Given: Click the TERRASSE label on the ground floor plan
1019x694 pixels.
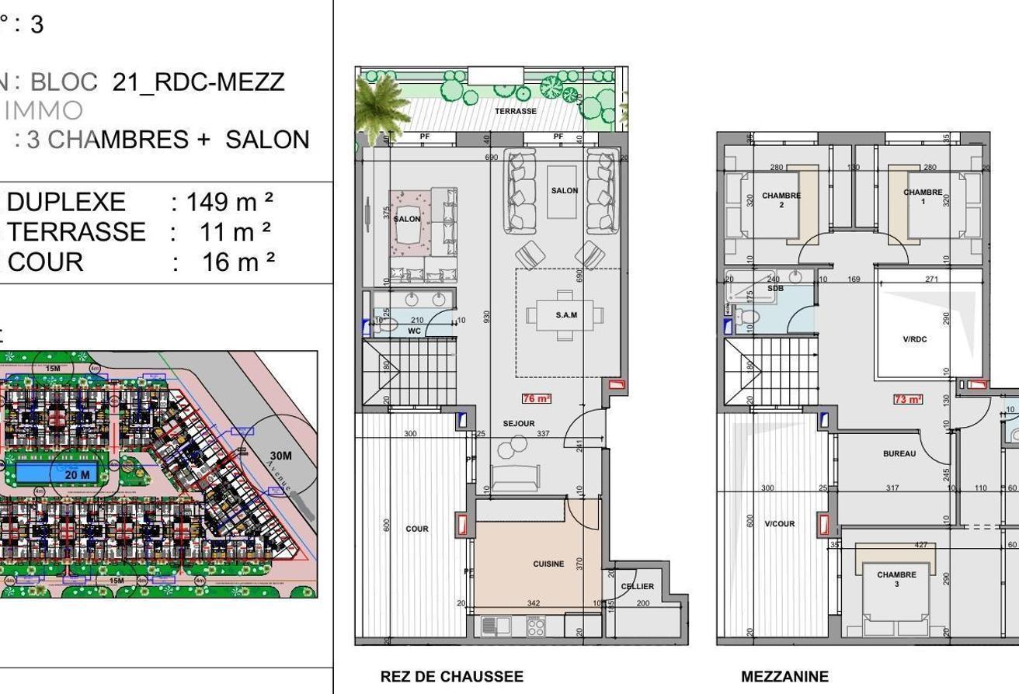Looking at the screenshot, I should [516, 111].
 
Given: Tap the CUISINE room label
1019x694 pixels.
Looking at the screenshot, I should [548, 564].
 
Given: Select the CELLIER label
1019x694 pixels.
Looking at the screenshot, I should [638, 586].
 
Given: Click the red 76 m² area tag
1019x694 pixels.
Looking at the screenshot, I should [536, 398].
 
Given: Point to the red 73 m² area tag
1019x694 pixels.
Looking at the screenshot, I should [907, 399].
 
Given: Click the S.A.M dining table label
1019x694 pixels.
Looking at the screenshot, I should [566, 314].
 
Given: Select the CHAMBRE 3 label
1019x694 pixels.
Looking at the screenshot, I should [896, 579].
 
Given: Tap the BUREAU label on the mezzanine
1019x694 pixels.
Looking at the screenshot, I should [899, 453].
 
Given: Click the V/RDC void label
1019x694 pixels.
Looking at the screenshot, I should [915, 339].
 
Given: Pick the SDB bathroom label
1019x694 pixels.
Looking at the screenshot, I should [775, 288].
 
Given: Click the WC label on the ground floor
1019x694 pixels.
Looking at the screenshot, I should [414, 331].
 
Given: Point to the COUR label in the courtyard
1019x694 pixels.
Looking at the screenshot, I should [417, 529].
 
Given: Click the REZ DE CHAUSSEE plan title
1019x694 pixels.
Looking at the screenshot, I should [451, 676].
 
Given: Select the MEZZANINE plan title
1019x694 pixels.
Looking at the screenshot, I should [784, 676].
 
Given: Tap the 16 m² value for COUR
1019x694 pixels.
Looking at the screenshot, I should [238, 262].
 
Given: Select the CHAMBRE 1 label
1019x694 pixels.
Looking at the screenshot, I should [923, 196].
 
